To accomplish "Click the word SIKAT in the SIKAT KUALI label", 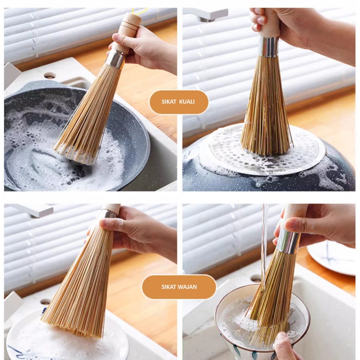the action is [169, 102].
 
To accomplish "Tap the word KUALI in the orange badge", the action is [187, 102].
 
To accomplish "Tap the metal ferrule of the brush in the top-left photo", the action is [115, 59].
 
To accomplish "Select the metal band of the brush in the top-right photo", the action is [268, 46].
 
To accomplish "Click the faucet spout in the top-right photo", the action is [207, 14].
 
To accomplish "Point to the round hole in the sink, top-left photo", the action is [50, 75].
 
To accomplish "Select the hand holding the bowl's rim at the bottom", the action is [285, 347].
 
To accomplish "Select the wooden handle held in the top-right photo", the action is [269, 23].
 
